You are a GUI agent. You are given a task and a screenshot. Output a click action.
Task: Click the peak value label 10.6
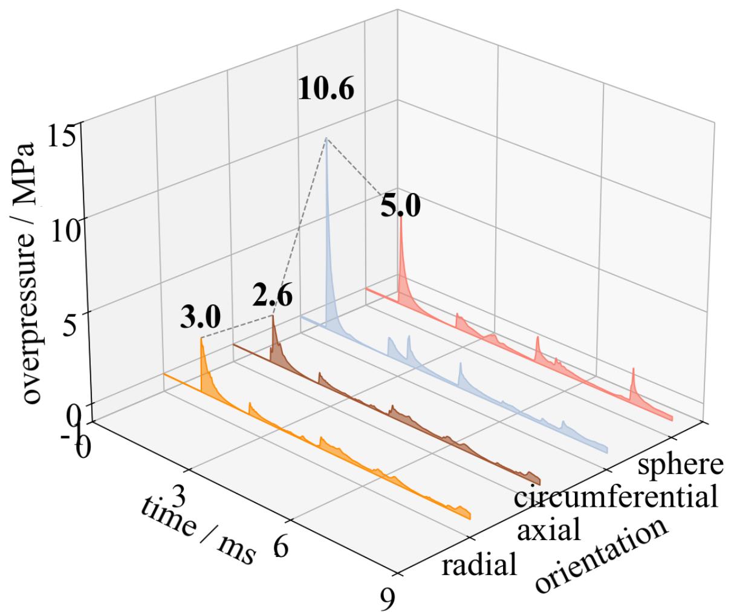326,90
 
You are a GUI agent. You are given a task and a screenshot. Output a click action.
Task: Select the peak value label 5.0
400,207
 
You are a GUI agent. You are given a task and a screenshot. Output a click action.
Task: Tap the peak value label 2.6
272,297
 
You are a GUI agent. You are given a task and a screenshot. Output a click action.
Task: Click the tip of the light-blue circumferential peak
326,138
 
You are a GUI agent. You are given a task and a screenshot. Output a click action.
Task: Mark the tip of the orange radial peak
201,338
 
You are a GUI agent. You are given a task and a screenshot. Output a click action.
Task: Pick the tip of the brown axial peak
273,316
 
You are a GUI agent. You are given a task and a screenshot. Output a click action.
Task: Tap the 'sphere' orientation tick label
681,465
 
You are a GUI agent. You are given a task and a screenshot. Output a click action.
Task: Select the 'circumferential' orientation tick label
615,498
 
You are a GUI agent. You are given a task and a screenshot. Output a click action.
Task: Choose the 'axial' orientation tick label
550,530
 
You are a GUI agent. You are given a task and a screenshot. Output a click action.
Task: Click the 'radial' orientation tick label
479,565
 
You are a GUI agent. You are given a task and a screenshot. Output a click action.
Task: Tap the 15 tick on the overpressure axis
63,136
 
